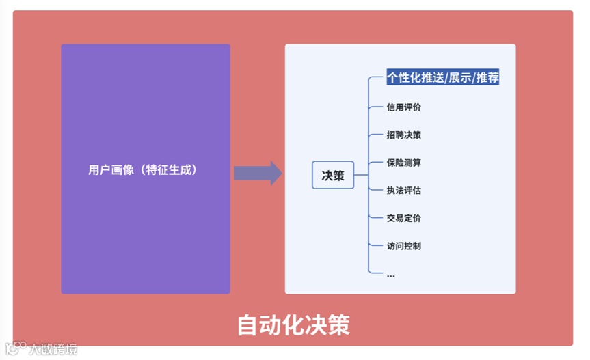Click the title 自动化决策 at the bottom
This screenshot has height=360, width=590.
(293, 325)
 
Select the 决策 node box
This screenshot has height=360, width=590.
(333, 176)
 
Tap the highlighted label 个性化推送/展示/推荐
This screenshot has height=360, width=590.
(442, 78)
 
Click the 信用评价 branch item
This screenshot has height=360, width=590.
(403, 107)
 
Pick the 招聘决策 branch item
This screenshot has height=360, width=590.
(403, 135)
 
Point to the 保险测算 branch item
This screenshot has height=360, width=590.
(403, 163)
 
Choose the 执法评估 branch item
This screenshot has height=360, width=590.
(403, 191)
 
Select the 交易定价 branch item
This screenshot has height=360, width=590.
(403, 219)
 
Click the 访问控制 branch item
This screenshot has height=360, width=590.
(403, 246)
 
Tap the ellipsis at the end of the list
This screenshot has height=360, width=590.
(390, 275)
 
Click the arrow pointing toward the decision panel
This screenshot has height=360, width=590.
(258, 174)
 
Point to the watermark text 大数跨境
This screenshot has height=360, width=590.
(53, 349)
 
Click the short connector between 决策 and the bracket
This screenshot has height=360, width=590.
(361, 176)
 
